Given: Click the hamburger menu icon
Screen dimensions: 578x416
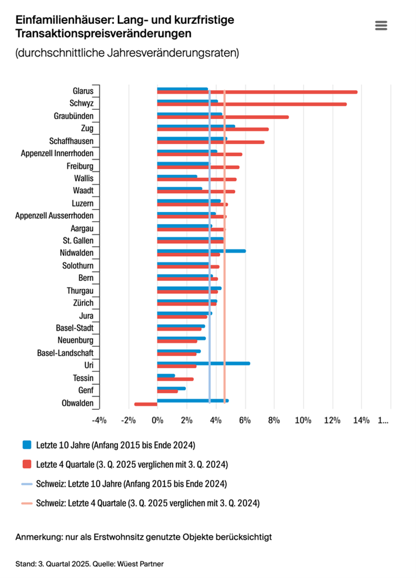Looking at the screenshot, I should coord(381,26).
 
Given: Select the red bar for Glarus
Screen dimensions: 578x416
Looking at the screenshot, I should coord(278,92).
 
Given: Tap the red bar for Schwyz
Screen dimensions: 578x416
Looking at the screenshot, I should coord(267,104).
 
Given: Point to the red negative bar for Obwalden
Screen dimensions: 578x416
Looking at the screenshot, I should coord(146,404).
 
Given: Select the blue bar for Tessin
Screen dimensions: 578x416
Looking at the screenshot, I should coord(166,375).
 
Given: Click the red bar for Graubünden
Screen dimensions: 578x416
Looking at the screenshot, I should coord(234,117).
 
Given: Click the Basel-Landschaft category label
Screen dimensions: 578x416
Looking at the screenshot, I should coord(65,353).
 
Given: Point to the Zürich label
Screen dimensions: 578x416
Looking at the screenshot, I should coord(82,303).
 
